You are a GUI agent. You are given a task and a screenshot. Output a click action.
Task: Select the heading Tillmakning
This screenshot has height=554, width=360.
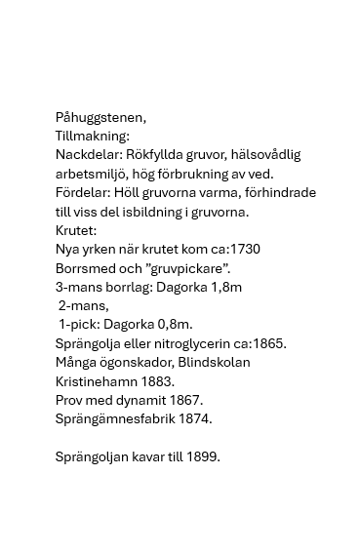93,137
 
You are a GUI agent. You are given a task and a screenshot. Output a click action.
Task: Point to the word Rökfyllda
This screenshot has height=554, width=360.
158,155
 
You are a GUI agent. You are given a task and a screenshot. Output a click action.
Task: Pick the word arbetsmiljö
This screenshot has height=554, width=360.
95,174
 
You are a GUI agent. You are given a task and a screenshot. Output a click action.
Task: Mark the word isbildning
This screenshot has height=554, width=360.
168,212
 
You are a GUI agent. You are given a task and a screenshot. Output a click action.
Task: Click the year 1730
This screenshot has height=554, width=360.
242,250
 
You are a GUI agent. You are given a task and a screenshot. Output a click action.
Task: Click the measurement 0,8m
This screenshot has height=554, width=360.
174,325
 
